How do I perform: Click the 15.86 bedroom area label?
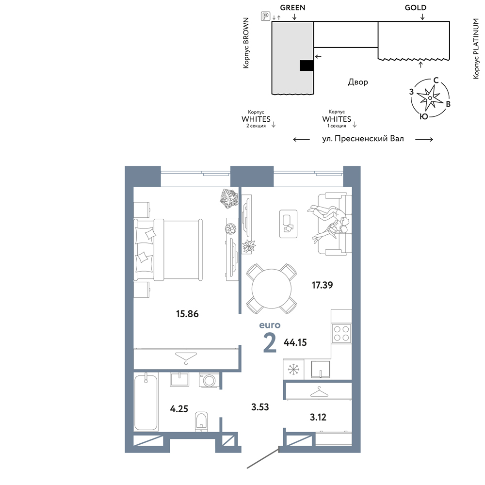tap(187, 314)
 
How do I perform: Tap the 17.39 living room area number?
tap(323, 285)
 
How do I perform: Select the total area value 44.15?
tap(295, 342)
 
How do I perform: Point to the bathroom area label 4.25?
tap(179, 409)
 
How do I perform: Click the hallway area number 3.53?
tap(260, 407)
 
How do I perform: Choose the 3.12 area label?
tap(318, 417)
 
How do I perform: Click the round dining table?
tap(272, 289)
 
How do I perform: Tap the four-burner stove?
tap(341, 334)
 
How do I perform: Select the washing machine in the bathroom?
tap(210, 380)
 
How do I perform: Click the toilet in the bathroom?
tap(201, 421)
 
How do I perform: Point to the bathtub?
tap(145, 402)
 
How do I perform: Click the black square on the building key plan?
tap(307, 65)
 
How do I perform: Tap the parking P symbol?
tap(265, 16)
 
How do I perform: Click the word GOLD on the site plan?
tap(416, 8)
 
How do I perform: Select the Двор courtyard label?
tap(358, 82)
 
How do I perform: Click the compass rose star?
tap(430, 98)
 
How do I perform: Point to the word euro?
tap(270, 325)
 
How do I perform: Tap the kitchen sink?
tap(321, 370)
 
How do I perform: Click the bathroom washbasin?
tap(179, 380)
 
